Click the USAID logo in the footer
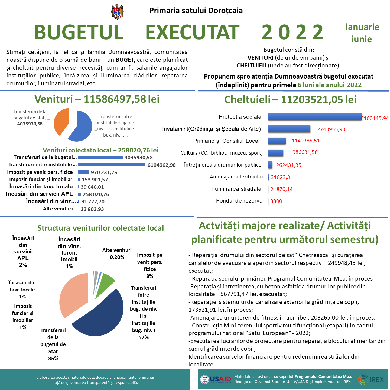pos(216,379)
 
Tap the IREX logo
pos(371,379)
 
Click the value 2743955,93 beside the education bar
pos(331,129)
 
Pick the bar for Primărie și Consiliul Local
pos(277,141)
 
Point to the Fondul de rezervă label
pos(239,201)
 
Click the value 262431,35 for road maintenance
pos(288,165)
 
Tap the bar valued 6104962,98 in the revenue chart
pos(112,165)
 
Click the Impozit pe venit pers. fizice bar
pos(83,172)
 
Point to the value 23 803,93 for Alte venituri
pos(92,209)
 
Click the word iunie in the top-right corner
pos(361,39)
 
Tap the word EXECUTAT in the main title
pos(192,32)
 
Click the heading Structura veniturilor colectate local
pos(100,228)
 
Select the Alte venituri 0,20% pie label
pos(117,253)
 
